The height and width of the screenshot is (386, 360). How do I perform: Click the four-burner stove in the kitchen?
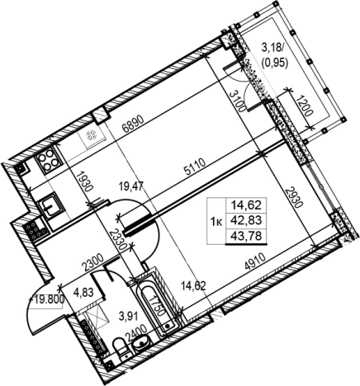(48, 160)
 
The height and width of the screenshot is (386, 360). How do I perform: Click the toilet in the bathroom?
(121, 347)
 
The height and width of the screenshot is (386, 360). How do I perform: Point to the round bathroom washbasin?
(142, 342)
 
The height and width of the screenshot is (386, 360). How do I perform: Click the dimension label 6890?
(134, 125)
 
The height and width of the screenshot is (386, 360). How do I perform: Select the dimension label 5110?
(195, 167)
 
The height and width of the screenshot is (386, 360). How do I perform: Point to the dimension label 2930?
(294, 197)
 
